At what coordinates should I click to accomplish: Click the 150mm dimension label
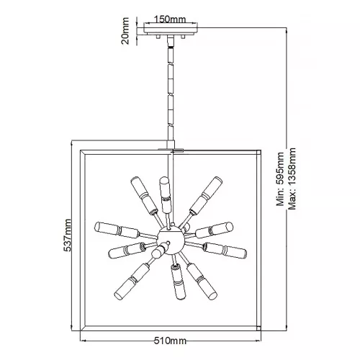pos(170,19)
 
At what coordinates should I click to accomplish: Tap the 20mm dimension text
pos(125,31)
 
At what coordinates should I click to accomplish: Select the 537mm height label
pos(68,235)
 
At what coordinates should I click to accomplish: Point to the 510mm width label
pos(170,341)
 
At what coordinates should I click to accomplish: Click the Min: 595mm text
pos(280,179)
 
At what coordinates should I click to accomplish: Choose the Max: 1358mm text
pos(292,179)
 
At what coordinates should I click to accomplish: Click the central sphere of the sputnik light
pos(171,241)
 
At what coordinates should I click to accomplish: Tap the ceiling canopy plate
pos(171,29)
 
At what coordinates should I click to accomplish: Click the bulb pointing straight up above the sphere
pos(165,194)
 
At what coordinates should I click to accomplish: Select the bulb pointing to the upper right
pos(206,196)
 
